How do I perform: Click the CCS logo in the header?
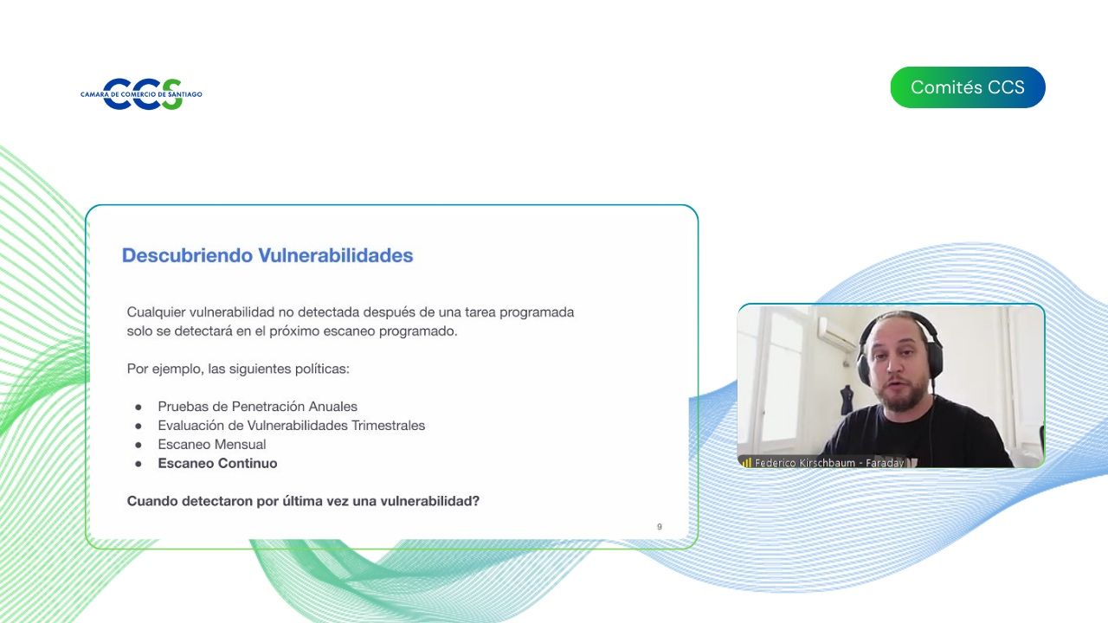pos(141,93)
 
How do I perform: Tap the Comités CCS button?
pos(968,87)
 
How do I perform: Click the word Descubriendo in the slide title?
pos(188,255)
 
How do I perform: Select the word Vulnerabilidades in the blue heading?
pos(336,255)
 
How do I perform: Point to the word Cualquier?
pos(156,312)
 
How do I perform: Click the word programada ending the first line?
pos(537,312)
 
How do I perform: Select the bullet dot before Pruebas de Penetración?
pos(138,407)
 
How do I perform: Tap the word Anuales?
pos(333,407)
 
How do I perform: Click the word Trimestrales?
pos(389,425)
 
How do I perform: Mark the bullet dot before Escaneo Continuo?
pos(138,464)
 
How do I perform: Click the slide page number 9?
pos(660,527)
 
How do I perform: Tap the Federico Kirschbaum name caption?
pos(829,463)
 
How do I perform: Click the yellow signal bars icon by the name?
pos(747,463)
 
